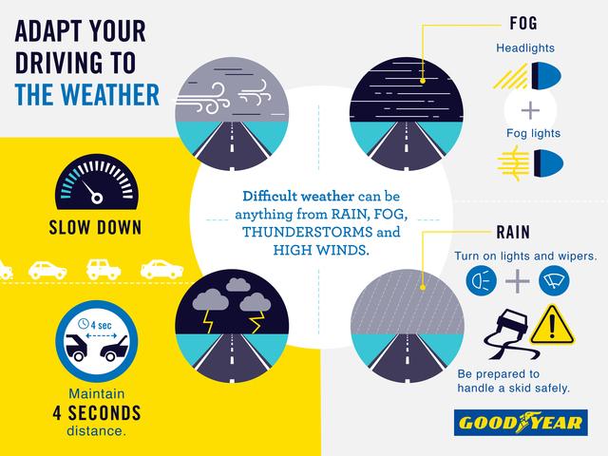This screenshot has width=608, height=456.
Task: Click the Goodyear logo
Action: (x=521, y=422)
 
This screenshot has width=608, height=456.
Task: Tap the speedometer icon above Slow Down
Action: (x=97, y=182)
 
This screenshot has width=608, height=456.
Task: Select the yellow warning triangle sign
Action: (x=552, y=325)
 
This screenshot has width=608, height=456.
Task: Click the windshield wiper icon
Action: (x=554, y=280)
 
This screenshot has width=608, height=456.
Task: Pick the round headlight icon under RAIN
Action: (x=482, y=280)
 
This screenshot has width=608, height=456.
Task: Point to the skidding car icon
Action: (x=510, y=334)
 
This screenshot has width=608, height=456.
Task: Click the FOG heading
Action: (x=523, y=23)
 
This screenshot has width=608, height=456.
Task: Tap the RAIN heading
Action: (x=513, y=232)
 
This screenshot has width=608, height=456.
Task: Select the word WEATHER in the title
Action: (x=110, y=95)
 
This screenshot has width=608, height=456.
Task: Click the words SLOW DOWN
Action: (x=95, y=228)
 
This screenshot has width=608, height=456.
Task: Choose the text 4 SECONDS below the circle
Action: (x=97, y=413)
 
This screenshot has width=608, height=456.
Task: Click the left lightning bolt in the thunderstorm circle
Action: (x=209, y=321)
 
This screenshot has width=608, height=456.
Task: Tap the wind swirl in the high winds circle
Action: (x=202, y=99)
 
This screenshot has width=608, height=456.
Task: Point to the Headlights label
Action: (x=525, y=48)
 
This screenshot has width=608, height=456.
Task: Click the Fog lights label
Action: (x=533, y=133)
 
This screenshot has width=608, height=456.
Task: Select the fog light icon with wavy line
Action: (x=530, y=163)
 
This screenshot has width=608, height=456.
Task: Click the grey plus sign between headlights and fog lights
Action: (x=530, y=110)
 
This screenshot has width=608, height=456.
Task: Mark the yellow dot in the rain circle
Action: (x=423, y=287)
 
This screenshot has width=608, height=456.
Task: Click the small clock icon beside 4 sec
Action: (x=84, y=323)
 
